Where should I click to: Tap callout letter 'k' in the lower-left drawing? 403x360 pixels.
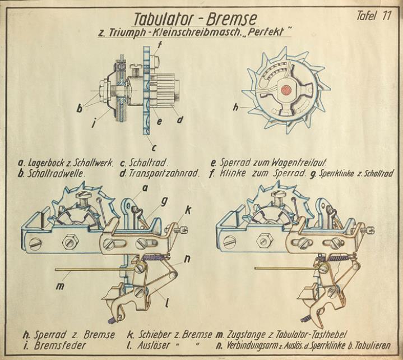point(188,210)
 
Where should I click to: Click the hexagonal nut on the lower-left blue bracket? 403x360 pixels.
point(69,242)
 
